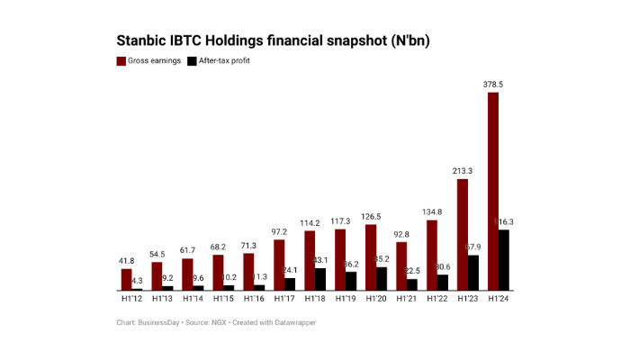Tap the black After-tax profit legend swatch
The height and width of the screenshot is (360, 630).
pyautogui.click(x=191, y=61)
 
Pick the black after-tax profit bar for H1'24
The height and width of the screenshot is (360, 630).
pyautogui.click(x=504, y=260)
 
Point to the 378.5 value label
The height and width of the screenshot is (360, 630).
pyautogui.click(x=493, y=84)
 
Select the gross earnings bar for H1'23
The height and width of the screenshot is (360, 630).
pyautogui.click(x=463, y=234)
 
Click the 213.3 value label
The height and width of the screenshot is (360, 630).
pyautogui.click(x=463, y=171)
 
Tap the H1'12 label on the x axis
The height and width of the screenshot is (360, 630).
pyautogui.click(x=131, y=298)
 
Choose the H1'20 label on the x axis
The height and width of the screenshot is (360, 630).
pyautogui.click(x=376, y=298)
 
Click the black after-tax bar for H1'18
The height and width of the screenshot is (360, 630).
pyautogui.click(x=320, y=279)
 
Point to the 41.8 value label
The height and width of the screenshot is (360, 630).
pyautogui.click(x=127, y=261)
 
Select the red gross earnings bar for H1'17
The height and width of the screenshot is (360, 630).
pyautogui.click(x=279, y=265)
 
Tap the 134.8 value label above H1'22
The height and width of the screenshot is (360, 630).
pyautogui.click(x=432, y=212)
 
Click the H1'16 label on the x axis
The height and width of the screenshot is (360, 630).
pyautogui.click(x=254, y=298)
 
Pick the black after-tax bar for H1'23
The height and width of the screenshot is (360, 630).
pyautogui.click(x=473, y=273)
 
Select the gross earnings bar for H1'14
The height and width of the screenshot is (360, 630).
pyautogui.click(x=187, y=274)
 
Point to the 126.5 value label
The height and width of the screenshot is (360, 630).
pyautogui.click(x=371, y=217)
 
